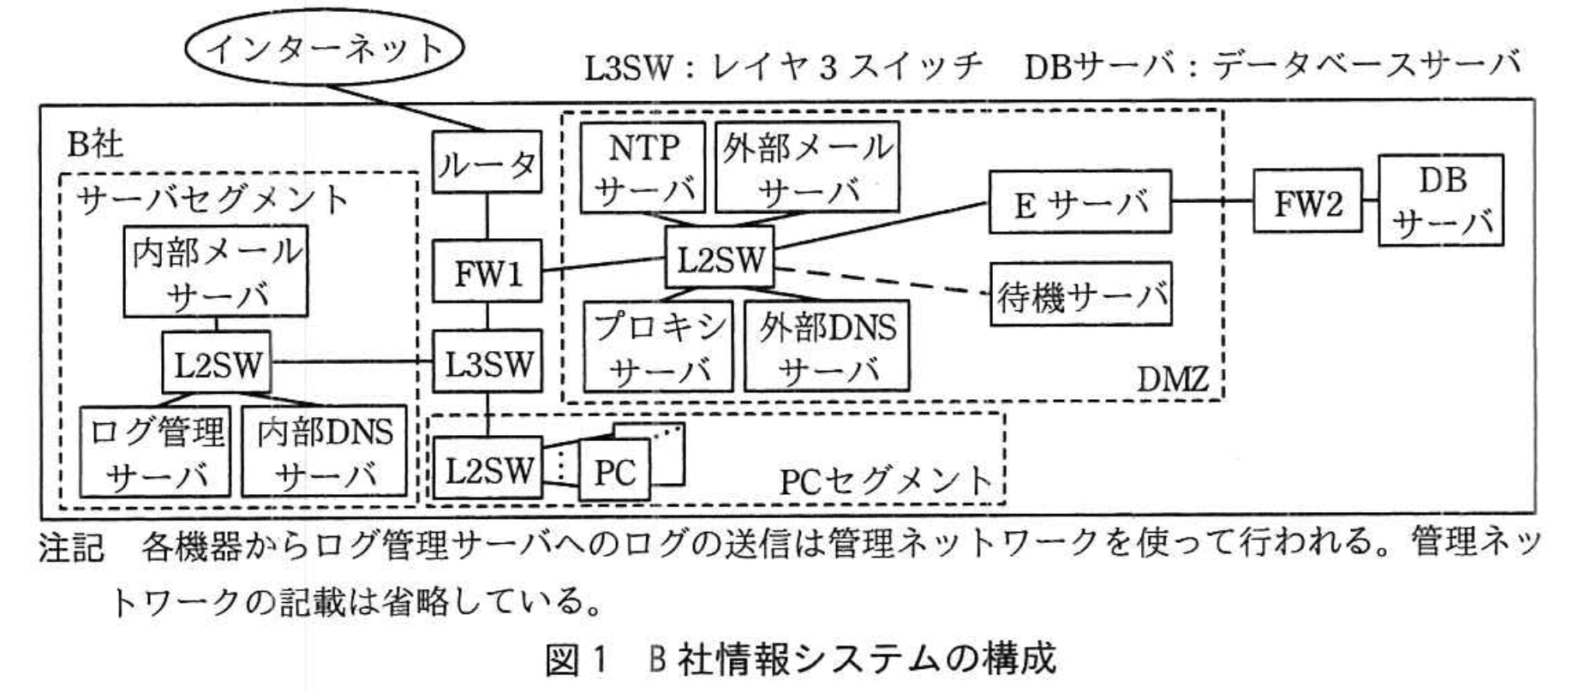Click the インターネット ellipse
[x=324, y=49]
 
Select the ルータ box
[x=487, y=162]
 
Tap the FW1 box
[x=487, y=271]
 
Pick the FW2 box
[x=1307, y=202]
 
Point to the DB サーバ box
[x=1441, y=200]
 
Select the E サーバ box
[x=1080, y=202]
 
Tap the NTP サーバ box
[x=643, y=167]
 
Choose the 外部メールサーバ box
[x=807, y=167]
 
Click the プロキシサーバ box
[x=659, y=347]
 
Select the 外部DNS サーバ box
[x=827, y=347]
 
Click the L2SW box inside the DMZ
[x=720, y=257]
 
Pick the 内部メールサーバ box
[x=215, y=270]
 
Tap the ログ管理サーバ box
[x=155, y=450]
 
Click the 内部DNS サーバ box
[x=324, y=450]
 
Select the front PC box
[x=614, y=470]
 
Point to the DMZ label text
[x=1173, y=378]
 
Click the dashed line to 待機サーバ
[x=882, y=280]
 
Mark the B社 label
[x=95, y=144]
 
